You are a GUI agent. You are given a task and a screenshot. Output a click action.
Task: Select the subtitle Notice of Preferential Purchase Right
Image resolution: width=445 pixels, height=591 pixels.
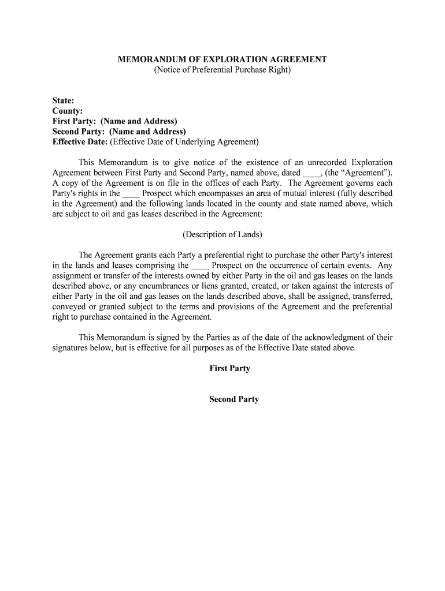tap(222, 70)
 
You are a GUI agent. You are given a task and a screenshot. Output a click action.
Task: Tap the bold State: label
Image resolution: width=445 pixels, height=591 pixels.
tap(64, 100)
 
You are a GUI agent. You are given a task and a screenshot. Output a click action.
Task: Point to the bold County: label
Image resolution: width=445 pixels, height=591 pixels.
tap(68, 111)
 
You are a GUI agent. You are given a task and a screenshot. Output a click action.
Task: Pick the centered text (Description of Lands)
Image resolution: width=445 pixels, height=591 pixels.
tap(222, 235)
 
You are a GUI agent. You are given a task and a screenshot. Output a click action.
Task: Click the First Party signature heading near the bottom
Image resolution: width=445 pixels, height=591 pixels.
tap(229, 368)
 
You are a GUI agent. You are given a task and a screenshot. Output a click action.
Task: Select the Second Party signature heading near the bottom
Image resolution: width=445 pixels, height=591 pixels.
tap(233, 399)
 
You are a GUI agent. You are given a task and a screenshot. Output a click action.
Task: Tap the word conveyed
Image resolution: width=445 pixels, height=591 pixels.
tap(68, 307)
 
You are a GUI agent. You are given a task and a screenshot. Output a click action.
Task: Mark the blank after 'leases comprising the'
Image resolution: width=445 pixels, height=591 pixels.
tap(199, 266)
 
